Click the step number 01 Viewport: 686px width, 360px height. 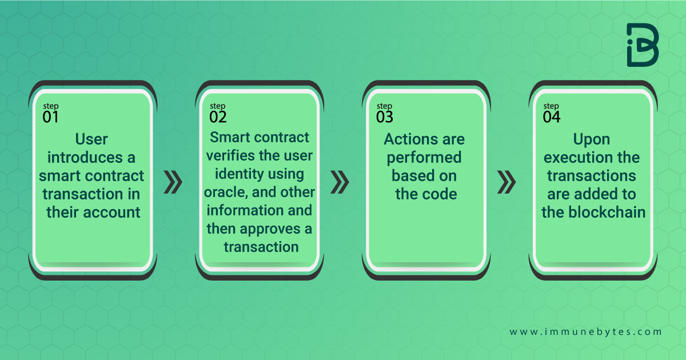(50, 117)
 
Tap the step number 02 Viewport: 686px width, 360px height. (218, 117)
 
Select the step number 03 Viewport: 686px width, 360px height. (385, 117)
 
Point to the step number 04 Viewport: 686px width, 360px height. (552, 117)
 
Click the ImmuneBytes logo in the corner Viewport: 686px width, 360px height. (643, 45)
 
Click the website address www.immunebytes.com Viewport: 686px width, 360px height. (585, 331)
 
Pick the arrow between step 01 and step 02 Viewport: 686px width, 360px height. (173, 182)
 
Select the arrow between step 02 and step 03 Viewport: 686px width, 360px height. (340, 182)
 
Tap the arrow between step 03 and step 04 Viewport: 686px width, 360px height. (506, 182)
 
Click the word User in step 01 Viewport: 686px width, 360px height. (91, 139)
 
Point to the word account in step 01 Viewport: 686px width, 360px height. (111, 213)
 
